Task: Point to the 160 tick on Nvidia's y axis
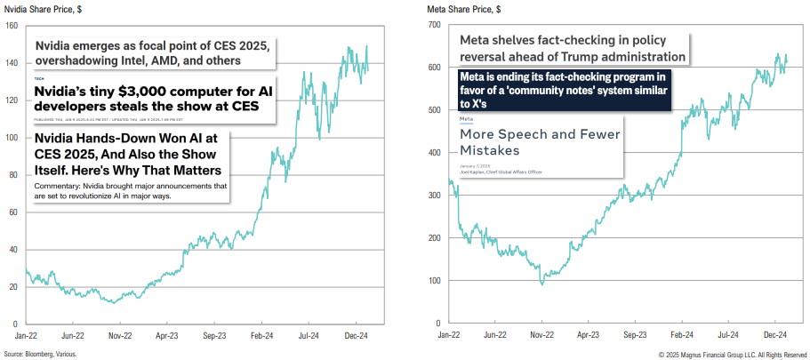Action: click(x=11, y=25)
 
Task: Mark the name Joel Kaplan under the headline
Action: click(x=472, y=172)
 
